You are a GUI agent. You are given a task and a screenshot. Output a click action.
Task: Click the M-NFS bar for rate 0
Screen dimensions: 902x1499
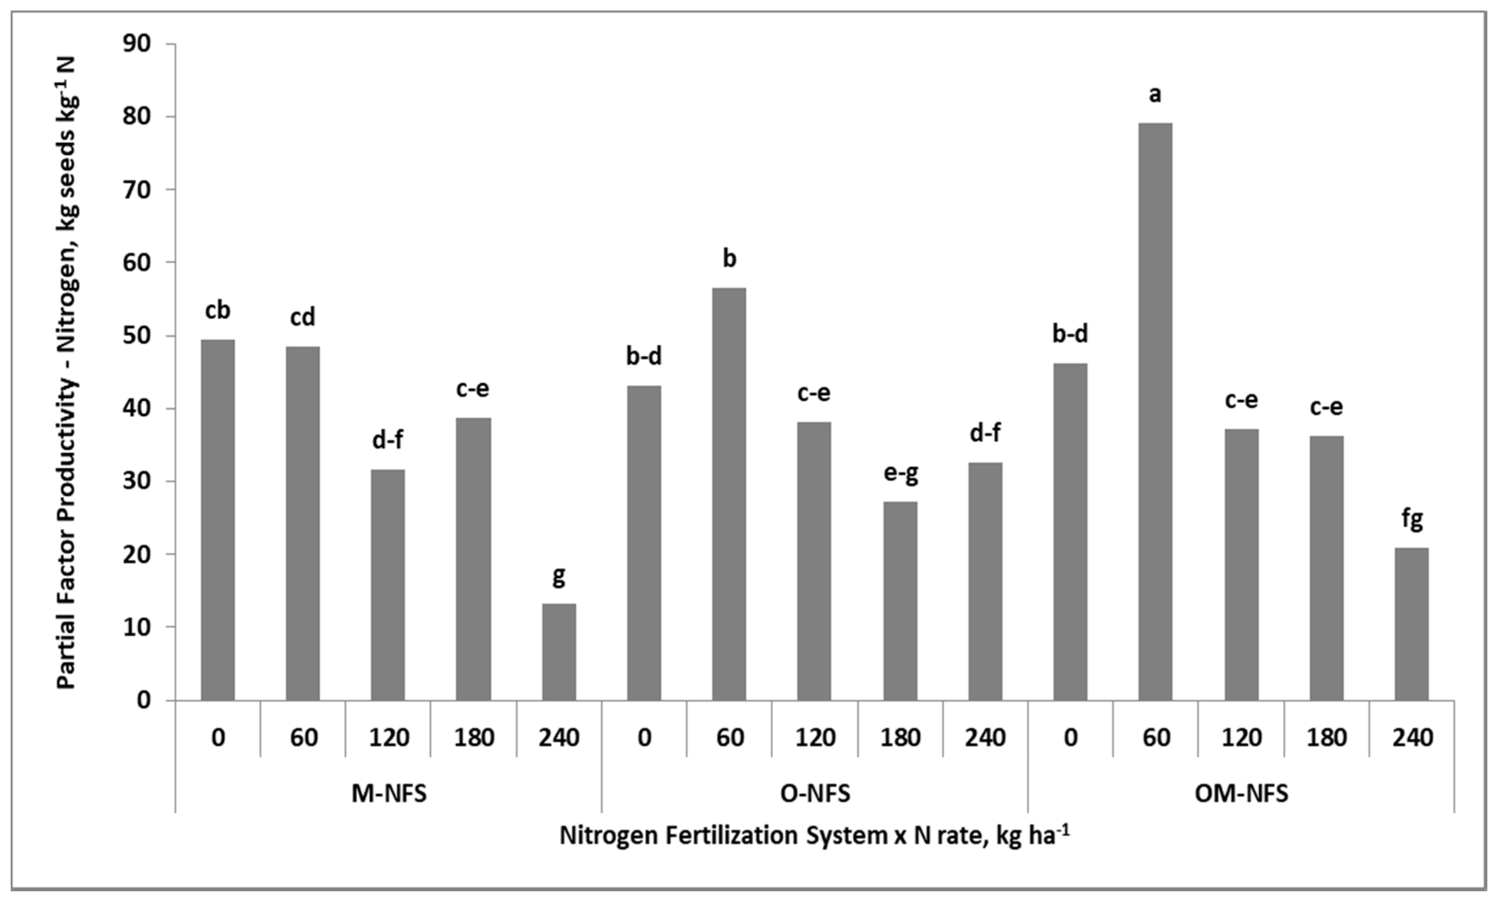point(217,520)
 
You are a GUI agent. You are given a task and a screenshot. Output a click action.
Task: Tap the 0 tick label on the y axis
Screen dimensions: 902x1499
point(144,700)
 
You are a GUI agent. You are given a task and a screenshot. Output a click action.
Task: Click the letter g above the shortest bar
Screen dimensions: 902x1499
point(558,575)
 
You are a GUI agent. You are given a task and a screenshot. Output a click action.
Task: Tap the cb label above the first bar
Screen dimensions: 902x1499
point(217,311)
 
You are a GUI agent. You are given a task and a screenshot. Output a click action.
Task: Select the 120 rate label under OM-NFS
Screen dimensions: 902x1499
point(1241,737)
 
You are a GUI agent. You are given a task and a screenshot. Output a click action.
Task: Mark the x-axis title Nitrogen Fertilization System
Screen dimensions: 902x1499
point(814,836)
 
